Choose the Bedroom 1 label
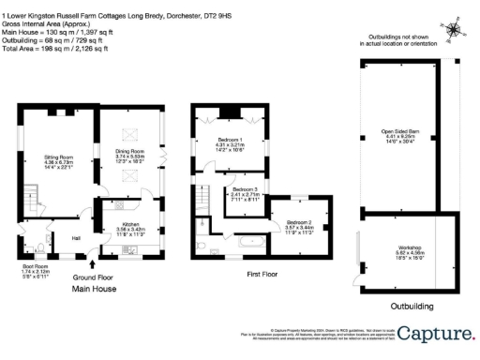(230, 144)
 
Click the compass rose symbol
(454, 30)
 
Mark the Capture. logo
(436, 333)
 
